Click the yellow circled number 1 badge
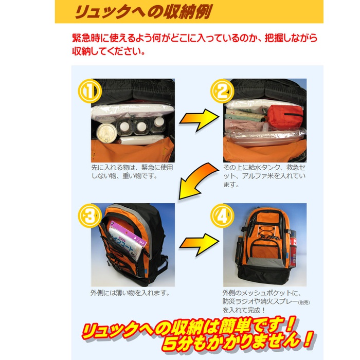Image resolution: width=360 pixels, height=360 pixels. tap(90, 91)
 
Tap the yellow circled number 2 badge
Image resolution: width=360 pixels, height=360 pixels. tap(222, 91)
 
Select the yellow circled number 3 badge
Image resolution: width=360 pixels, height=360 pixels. tap(90, 215)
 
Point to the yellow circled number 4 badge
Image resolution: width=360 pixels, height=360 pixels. tap(222, 215)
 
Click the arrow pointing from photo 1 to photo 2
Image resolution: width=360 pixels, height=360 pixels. tap(199, 120)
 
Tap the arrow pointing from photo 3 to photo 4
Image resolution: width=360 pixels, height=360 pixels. tap(199, 245)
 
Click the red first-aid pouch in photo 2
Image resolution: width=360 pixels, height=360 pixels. tap(285, 117)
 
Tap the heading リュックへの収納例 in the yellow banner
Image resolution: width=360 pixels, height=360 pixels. tap(143, 11)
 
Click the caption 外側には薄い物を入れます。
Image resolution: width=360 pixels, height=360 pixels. tap(130, 293)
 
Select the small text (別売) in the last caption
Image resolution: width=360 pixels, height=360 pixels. tap(304, 302)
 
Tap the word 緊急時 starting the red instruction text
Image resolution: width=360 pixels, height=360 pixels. tap(86, 38)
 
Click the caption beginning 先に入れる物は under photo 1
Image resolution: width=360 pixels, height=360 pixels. tap(132, 171)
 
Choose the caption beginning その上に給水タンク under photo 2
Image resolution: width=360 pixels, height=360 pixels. tap(264, 176)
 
